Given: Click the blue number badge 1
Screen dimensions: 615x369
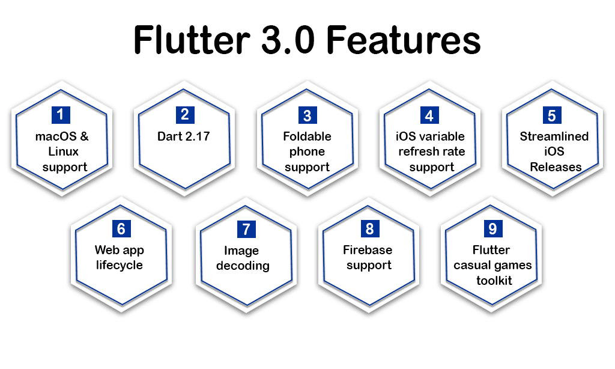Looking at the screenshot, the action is pyautogui.click(x=61, y=115).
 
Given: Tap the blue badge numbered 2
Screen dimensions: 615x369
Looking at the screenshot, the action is pyautogui.click(x=185, y=115).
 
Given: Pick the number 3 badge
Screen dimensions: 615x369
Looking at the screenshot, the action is pyautogui.click(x=307, y=115).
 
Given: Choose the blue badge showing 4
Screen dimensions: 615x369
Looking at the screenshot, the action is pyautogui.click(x=429, y=115).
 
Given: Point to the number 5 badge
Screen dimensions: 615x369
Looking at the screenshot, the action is pyautogui.click(x=552, y=115).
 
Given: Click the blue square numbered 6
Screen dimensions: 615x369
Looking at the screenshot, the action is pyautogui.click(x=121, y=228).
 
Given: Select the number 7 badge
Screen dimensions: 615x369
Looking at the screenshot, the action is pyautogui.click(x=246, y=229).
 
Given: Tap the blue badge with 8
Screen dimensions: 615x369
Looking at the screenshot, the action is pyautogui.click(x=370, y=228).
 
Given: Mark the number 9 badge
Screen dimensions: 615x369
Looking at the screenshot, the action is pyautogui.click(x=493, y=228).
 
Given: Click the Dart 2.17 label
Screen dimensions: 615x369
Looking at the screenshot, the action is pyautogui.click(x=184, y=136).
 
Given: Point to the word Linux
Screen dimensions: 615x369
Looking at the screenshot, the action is pyautogui.click(x=63, y=151).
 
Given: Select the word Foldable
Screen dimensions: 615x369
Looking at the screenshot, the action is pyautogui.click(x=307, y=136).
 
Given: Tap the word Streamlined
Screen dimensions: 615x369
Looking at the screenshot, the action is pyautogui.click(x=554, y=136).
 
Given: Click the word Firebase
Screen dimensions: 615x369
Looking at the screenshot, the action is pyautogui.click(x=368, y=249).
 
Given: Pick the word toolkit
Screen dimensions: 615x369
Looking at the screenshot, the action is pyautogui.click(x=494, y=280).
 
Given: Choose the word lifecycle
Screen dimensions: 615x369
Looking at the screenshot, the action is pyautogui.click(x=120, y=265).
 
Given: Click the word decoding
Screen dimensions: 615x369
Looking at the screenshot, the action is pyautogui.click(x=243, y=266).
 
